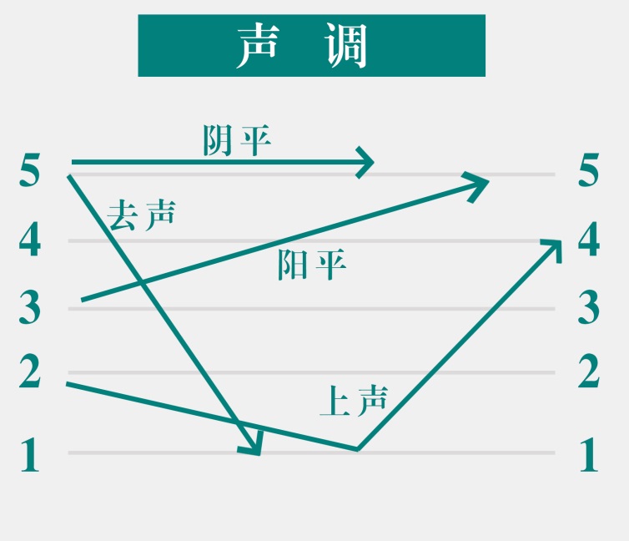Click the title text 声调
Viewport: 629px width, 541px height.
pos(311,46)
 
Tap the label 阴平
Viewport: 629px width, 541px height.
pos(237,140)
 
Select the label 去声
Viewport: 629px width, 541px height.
pos(141,215)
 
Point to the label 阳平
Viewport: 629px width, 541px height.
pos(312,265)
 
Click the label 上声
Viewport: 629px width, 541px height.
pos(354,402)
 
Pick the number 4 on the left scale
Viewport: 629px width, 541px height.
pos(30,241)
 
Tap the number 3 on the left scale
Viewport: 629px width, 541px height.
pos(30,308)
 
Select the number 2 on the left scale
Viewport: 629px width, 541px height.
pos(30,372)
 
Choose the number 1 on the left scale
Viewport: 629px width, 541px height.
pos(30,455)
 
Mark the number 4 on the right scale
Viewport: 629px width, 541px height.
pos(589,241)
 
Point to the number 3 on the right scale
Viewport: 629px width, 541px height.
pos(589,308)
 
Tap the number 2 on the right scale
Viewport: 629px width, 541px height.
pos(589,372)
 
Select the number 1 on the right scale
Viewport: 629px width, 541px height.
pos(589,455)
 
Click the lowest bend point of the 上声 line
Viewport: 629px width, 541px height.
pos(358,449)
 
